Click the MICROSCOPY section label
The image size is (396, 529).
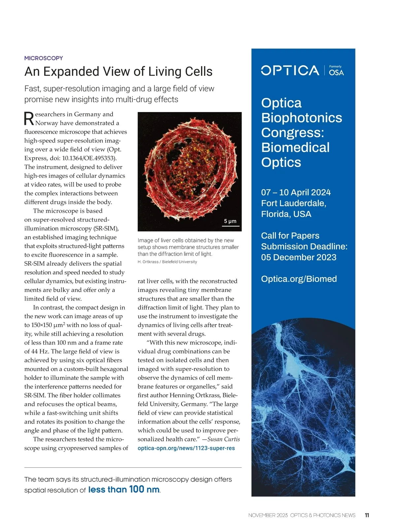pos(44,58)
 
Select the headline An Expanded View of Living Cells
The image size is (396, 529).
pos(118,71)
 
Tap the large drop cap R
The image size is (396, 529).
pos(29,119)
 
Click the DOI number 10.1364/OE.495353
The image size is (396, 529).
pos(89,158)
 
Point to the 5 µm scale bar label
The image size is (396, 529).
pos(230,221)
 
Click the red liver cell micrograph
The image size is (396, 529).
pos(189,168)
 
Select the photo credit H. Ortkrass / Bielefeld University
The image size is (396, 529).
pos(167,262)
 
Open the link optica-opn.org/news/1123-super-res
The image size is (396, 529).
pos(186,448)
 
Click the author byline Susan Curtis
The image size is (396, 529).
pos(224,439)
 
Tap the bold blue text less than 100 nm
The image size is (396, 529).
pos(124,489)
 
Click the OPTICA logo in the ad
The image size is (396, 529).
pos(290,70)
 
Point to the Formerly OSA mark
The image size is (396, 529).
pos(336,71)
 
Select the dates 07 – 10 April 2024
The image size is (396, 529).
pos(296,192)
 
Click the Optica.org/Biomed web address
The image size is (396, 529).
pos(299,279)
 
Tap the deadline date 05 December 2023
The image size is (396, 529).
pos(299,257)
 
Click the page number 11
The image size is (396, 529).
pos(367,515)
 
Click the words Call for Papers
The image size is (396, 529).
pos(290,236)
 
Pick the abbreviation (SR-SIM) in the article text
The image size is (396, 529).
pos(106,228)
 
